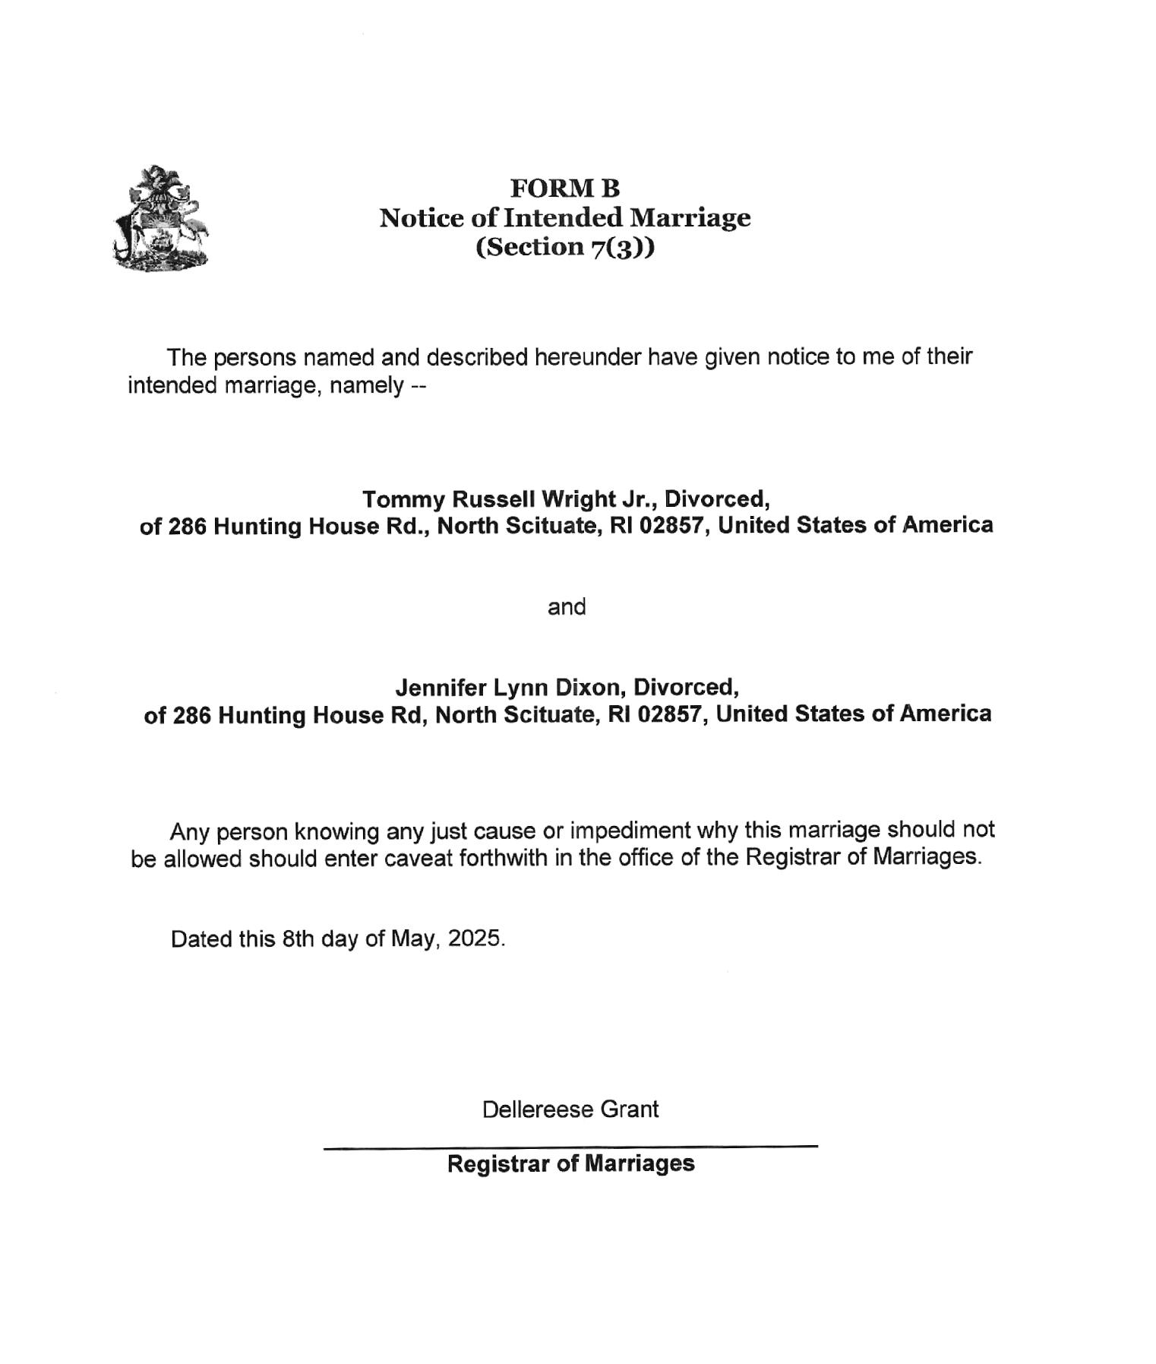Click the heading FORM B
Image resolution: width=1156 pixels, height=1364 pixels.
[x=564, y=188]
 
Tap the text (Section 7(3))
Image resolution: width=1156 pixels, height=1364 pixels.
[x=564, y=247]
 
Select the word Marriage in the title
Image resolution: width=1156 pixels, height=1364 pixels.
[x=691, y=218]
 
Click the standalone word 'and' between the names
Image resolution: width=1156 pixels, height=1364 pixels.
[x=567, y=606]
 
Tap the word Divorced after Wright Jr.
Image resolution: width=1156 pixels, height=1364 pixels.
[x=716, y=499]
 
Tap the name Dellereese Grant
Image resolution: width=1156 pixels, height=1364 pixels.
[x=570, y=1109]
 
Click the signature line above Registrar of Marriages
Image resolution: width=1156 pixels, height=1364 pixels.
[x=570, y=1146]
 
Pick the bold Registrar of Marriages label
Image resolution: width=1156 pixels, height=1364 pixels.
[x=570, y=1163]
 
